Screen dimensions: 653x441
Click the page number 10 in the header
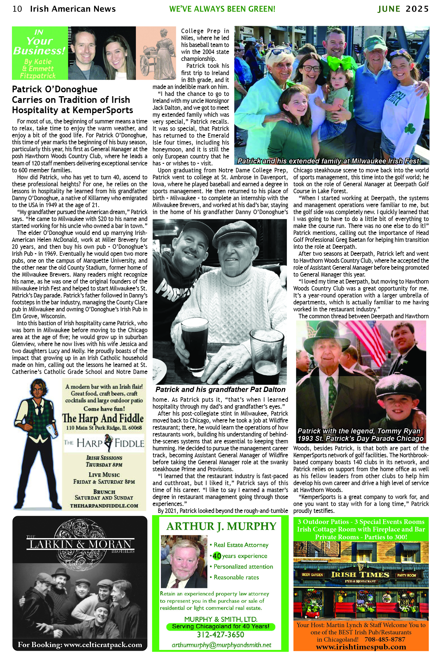[x=17, y=9]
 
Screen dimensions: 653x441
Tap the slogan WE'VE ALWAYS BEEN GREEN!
[x=222, y=9]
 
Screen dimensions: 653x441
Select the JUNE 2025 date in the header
[x=403, y=9]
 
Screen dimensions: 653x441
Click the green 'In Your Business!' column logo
[x=40, y=53]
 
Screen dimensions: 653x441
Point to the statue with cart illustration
[x=156, y=53]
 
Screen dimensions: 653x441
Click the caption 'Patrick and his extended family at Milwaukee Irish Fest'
[x=328, y=161]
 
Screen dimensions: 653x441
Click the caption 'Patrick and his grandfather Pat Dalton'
[x=220, y=389]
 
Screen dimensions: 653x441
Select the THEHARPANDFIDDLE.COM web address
[x=104, y=506]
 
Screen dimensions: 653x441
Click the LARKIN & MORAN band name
[x=80, y=544]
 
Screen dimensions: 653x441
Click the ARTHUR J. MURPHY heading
[x=221, y=526]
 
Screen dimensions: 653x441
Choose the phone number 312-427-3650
[x=220, y=635]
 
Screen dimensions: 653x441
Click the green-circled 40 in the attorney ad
[x=216, y=556]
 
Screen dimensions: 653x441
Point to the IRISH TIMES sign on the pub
[x=360, y=575]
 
